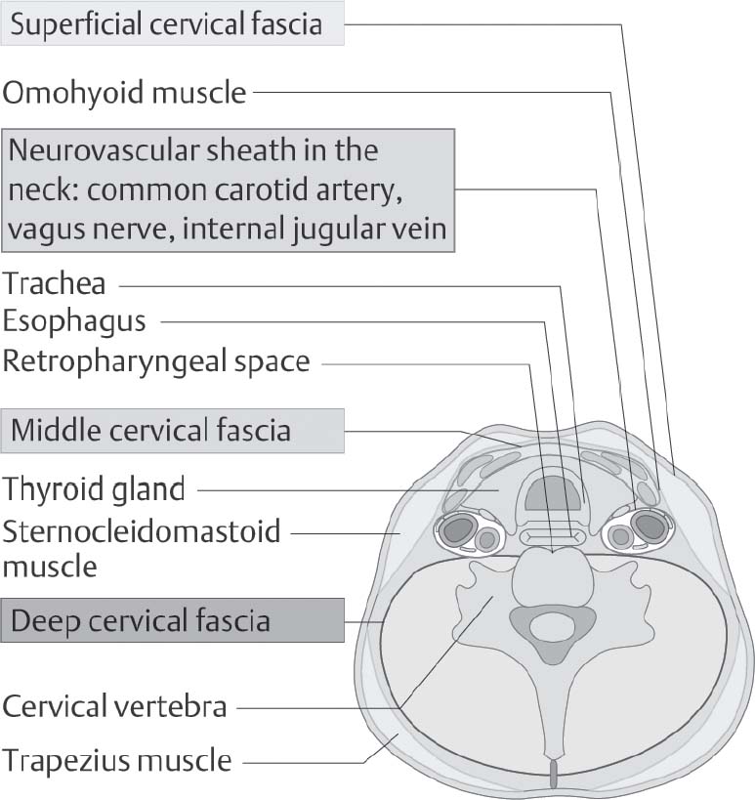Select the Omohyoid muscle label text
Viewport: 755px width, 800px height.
pos(125,93)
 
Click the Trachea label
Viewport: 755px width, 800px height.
pos(55,285)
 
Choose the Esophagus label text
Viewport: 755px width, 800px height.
pos(74,321)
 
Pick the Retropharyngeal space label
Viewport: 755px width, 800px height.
pos(156,361)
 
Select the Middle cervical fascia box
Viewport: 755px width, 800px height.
pos(173,430)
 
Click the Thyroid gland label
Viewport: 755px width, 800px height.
pos(94,488)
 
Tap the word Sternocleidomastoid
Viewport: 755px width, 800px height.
pos(142,531)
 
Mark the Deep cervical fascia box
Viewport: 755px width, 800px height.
pos(173,620)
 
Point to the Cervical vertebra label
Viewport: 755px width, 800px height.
pos(115,705)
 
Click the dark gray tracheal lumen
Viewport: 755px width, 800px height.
pos(553,496)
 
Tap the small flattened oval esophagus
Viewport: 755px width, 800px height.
pos(553,536)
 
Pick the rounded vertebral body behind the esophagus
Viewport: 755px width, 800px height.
pos(554,575)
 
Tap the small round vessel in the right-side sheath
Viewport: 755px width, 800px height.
pos(618,538)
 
